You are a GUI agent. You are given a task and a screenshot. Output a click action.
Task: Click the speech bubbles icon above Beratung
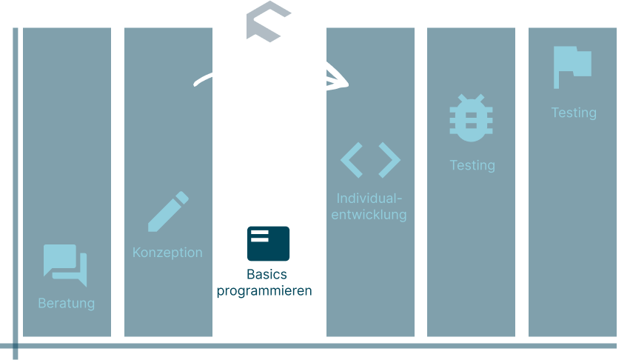coord(65,264)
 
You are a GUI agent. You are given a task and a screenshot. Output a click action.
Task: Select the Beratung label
coord(67,303)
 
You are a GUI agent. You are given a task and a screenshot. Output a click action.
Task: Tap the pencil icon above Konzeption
coord(168,212)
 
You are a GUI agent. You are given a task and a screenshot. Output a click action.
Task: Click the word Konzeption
coord(167,252)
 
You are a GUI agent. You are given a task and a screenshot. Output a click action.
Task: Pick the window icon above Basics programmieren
coord(268,243)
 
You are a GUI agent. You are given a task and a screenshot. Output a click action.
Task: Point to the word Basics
coord(267,275)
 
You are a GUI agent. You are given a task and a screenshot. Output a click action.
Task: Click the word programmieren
coord(264,291)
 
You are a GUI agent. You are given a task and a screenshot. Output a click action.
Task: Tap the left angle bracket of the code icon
coord(352,159)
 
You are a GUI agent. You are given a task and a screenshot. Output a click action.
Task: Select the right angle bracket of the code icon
coord(389,159)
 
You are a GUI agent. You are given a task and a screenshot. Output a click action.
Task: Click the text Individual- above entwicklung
coord(369,199)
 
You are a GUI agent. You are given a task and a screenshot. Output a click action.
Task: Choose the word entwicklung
coord(369,215)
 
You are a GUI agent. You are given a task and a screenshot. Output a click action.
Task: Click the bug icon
coord(471,118)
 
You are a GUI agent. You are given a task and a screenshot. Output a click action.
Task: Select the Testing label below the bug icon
coord(472,164)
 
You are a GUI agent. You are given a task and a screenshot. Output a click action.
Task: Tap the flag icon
coord(572,67)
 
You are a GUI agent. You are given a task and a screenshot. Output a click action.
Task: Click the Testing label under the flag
coord(574,113)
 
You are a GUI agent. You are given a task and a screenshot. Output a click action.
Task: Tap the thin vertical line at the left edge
coord(16,185)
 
